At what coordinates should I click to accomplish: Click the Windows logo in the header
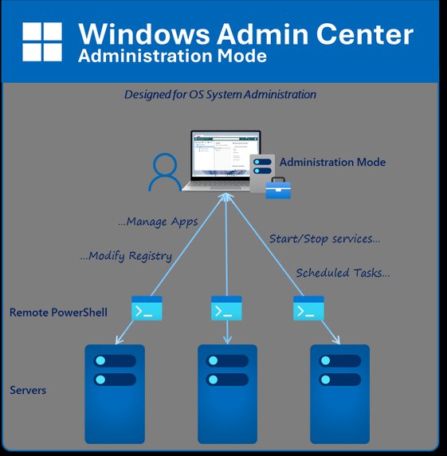42,41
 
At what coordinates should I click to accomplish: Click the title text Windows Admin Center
245,34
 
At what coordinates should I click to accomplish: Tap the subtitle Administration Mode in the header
172,57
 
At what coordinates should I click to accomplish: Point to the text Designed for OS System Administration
220,94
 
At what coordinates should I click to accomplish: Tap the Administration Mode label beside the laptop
332,162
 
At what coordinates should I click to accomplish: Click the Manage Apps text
156,222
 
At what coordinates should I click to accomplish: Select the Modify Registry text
125,256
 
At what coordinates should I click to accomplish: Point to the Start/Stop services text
324,238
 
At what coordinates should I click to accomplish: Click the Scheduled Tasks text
343,273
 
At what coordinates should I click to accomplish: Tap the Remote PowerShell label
58,313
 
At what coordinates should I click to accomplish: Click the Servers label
28,391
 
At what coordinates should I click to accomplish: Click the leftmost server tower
115,393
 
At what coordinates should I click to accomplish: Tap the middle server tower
227,393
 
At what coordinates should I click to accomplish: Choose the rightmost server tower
339,393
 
